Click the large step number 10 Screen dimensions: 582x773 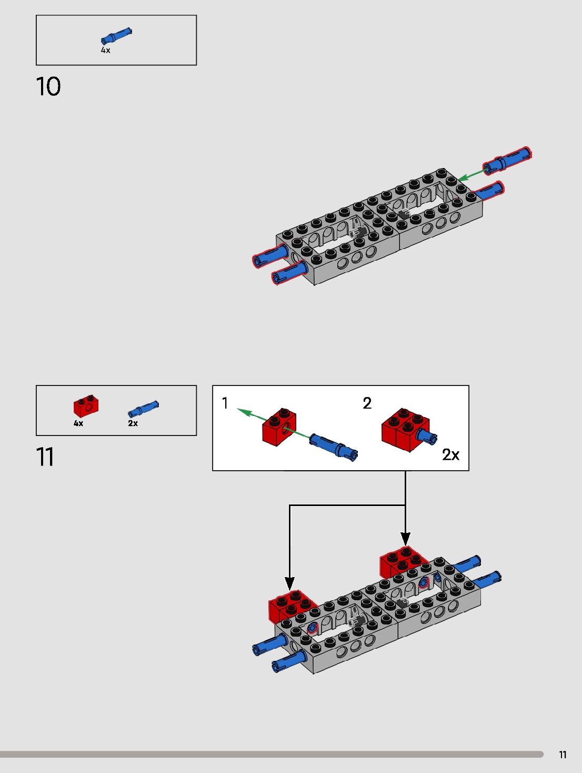[48, 86]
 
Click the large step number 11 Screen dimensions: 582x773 [45, 457]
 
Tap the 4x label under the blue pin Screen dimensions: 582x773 [106, 51]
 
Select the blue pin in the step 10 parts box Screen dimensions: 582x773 [116, 36]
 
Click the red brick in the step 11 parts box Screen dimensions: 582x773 [86, 405]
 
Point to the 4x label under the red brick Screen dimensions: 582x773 [78, 423]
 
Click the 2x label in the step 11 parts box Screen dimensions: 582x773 [133, 423]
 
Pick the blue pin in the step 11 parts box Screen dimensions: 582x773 [143, 409]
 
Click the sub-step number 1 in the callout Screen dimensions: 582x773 [225, 403]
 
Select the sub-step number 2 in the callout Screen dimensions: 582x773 [367, 403]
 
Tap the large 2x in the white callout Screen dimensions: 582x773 [451, 454]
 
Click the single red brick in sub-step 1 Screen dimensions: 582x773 [279, 427]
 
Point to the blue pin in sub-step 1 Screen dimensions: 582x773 [334, 447]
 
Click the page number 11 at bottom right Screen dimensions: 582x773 [563, 755]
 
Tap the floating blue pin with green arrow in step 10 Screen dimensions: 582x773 [507, 160]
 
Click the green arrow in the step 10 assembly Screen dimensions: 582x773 [472, 175]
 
